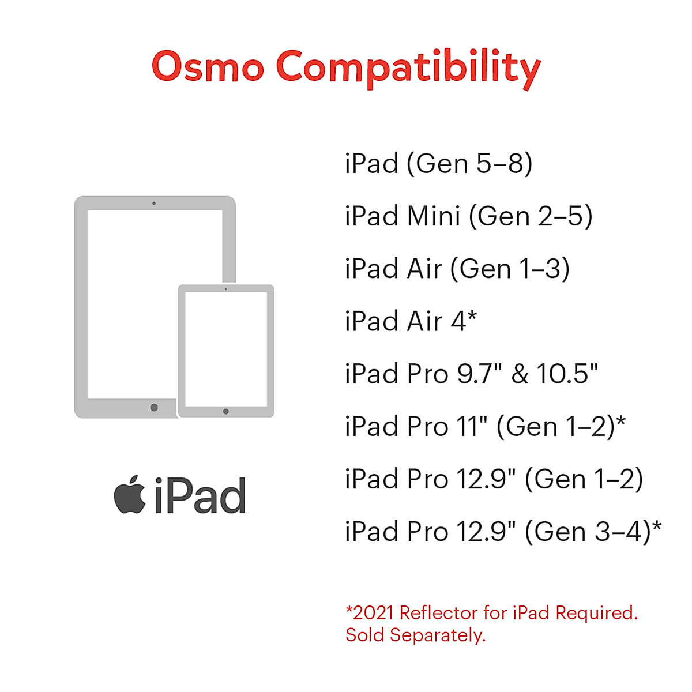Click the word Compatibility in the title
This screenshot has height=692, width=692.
pyautogui.click(x=408, y=68)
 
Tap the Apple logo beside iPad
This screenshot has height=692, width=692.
pyautogui.click(x=130, y=495)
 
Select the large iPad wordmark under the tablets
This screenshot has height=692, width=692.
pyautogui.click(x=200, y=496)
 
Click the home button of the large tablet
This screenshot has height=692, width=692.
pyautogui.click(x=154, y=408)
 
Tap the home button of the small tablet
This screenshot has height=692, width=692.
pyautogui.click(x=225, y=411)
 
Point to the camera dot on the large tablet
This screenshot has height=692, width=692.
pyautogui.click(x=154, y=204)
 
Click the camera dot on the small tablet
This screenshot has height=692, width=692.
pyautogui.click(x=225, y=289)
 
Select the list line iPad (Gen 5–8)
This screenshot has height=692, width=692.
pyautogui.click(x=438, y=164)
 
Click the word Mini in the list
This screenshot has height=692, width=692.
pyautogui.click(x=434, y=216)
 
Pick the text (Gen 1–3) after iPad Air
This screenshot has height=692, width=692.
pyautogui.click(x=510, y=269)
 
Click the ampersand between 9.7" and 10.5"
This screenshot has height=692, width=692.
pyautogui.click(x=520, y=374)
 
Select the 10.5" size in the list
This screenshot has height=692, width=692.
pyautogui.click(x=567, y=374)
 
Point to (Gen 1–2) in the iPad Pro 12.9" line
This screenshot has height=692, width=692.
pyautogui.click(x=584, y=479)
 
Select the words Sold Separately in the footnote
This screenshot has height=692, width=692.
pyautogui.click(x=415, y=635)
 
